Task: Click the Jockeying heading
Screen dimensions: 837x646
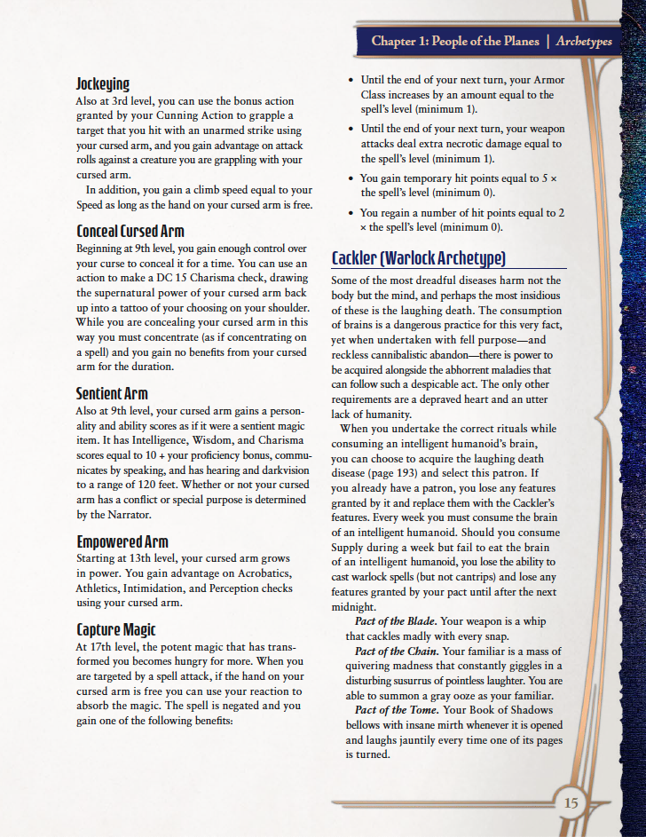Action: (x=103, y=84)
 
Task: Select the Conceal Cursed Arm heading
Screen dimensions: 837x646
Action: (x=130, y=232)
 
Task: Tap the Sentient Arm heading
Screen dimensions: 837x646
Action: (x=112, y=393)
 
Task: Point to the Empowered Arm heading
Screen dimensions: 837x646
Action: (x=122, y=541)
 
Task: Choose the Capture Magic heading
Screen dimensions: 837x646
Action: (x=116, y=630)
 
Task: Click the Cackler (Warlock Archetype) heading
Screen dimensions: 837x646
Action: (x=418, y=258)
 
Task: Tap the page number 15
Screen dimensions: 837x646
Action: (x=571, y=803)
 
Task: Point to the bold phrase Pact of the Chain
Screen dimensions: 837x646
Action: (x=395, y=651)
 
